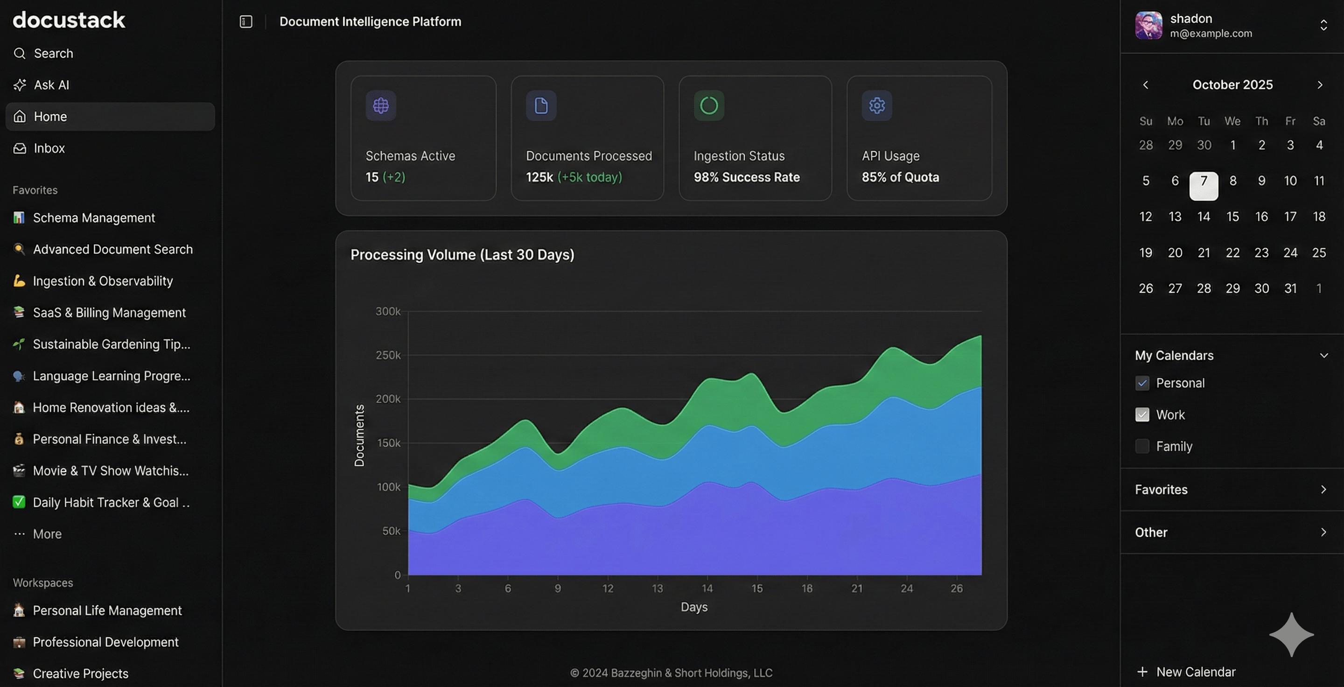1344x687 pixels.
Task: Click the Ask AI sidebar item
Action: click(x=51, y=85)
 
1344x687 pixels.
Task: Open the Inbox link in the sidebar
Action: click(x=49, y=148)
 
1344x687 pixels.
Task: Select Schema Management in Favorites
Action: click(x=94, y=218)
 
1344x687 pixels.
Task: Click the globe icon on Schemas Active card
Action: click(x=381, y=106)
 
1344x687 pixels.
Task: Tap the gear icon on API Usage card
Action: click(x=876, y=106)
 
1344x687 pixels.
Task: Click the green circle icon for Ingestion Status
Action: click(x=708, y=106)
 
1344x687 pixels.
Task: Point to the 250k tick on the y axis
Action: click(x=388, y=355)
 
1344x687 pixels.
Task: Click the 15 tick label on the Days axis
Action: click(x=756, y=589)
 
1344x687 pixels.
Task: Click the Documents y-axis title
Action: click(x=359, y=435)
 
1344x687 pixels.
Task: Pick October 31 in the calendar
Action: click(x=1290, y=288)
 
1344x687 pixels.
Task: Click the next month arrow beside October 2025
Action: click(x=1319, y=85)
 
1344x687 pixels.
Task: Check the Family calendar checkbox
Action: click(x=1142, y=447)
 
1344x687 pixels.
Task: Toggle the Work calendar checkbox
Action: click(x=1142, y=415)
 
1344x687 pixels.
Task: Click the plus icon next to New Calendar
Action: click(x=1142, y=672)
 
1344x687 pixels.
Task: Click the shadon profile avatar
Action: click(x=1148, y=25)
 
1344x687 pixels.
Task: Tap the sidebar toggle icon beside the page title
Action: click(x=246, y=21)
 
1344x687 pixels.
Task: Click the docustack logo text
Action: click(x=69, y=20)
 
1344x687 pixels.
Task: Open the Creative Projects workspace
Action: click(x=80, y=673)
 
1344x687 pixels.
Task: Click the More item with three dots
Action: click(x=47, y=534)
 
